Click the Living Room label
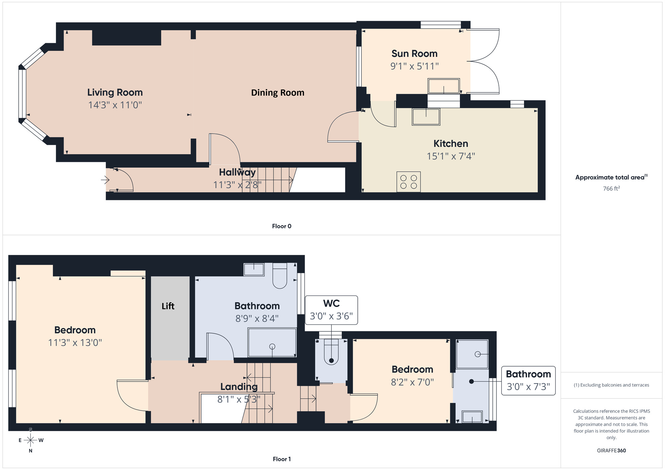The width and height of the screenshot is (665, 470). pos(115,92)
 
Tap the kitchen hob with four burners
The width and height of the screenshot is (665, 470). pos(408,182)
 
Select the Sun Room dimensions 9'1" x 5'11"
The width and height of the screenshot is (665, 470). pos(414,66)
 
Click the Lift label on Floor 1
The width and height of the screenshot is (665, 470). pos(168,306)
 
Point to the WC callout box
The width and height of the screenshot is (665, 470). pos(331,310)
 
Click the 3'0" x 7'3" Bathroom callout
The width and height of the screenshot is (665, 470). pos(528,381)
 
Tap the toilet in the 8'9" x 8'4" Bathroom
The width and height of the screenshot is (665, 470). pos(280,276)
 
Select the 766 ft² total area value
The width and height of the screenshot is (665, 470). pos(611,188)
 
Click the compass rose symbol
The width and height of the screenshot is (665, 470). pos(31,440)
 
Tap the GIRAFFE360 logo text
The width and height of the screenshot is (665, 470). pos(611,451)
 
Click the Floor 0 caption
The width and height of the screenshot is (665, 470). pos(281,226)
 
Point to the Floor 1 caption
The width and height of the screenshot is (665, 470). pos(281,459)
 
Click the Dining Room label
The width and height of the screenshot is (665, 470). pos(278,93)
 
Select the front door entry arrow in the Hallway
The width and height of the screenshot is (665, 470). pos(105,180)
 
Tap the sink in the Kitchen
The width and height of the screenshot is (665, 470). pos(426,117)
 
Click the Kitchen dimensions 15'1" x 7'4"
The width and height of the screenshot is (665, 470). pos(451,156)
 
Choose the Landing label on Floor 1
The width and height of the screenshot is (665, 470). pos(239,387)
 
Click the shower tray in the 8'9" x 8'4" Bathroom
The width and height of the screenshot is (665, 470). pos(272,343)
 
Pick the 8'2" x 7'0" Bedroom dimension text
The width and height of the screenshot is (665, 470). pos(412,382)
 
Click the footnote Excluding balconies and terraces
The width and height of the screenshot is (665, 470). pos(611,385)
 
